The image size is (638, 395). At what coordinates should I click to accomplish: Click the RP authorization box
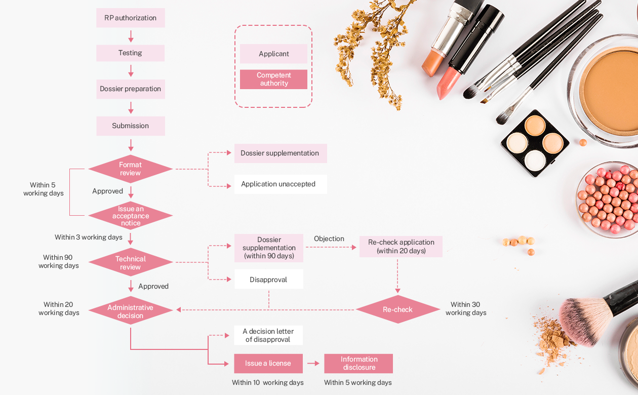131,18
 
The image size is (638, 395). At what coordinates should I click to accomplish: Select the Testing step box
131,53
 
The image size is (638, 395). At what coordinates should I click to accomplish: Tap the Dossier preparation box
131,89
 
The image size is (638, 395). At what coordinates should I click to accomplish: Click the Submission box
131,126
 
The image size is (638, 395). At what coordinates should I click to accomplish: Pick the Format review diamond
131,169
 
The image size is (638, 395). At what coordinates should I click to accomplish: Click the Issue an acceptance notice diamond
131,216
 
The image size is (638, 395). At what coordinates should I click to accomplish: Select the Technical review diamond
131,262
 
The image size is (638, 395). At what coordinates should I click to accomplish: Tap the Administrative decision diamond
131,311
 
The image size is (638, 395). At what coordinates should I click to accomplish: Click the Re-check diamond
397,309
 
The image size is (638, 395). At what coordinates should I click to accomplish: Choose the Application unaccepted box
280,184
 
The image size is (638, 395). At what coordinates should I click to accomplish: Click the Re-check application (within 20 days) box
401,246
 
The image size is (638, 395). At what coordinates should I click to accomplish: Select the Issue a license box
268,363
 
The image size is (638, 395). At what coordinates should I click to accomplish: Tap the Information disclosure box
358,363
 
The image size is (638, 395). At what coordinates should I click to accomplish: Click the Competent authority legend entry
273,79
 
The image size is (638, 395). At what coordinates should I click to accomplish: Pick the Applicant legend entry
273,54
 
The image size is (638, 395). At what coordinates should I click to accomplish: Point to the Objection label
329,239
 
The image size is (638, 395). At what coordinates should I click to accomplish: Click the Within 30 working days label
465,308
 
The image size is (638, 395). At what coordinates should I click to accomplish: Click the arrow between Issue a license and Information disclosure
313,363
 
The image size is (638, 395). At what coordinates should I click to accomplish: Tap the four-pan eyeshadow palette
535,143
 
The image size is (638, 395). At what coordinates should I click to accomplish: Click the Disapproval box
268,280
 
